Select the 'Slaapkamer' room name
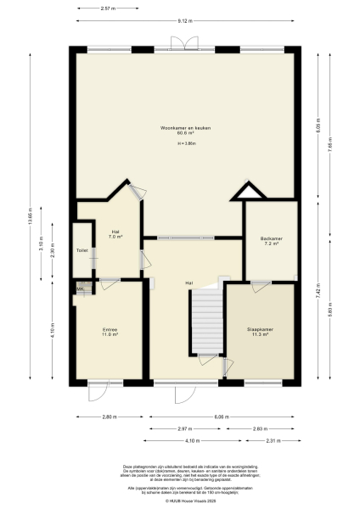point(258,330)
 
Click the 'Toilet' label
point(82,251)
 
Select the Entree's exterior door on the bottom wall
point(99,390)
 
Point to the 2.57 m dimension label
point(108,8)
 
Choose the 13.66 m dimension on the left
point(30,215)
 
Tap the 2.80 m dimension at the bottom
point(108,417)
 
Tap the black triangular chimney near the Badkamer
point(245,193)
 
